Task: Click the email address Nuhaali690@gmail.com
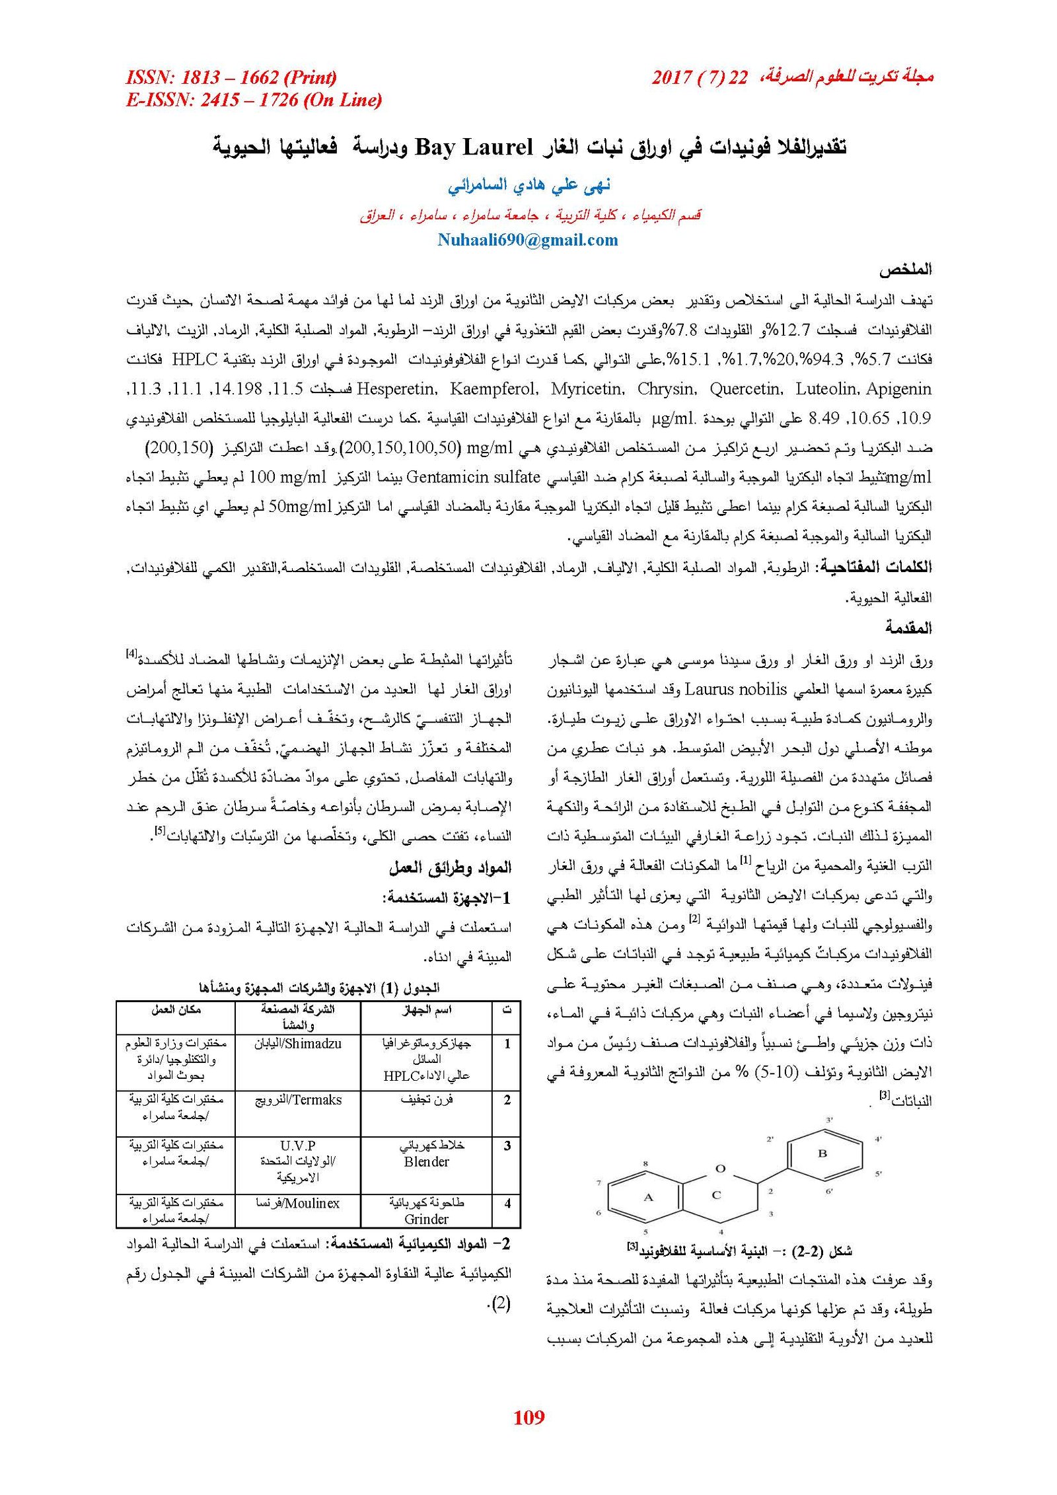coord(527,240)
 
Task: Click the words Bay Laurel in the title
coord(473,147)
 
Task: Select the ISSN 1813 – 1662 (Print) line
coord(231,78)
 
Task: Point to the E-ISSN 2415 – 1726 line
coord(254,100)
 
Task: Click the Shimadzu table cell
coord(297,1044)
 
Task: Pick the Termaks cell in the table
coord(298,1100)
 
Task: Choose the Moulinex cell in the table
coord(297,1203)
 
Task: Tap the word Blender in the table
coord(426,1161)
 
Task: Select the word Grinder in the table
coord(426,1219)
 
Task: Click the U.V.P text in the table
coord(297,1145)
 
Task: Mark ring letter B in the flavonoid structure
coord(822,1153)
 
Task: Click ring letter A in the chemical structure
coord(648,1197)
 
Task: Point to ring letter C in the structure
coord(716,1194)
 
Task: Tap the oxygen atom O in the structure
coord(720,1168)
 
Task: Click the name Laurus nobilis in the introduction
coord(735,690)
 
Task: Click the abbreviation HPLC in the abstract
coord(194,360)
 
